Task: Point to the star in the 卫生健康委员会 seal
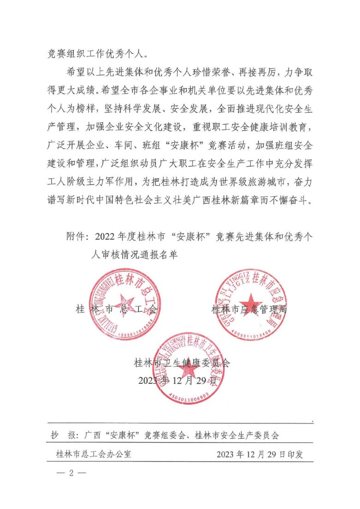189,368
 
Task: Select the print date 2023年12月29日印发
260,454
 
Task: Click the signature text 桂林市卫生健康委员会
182,363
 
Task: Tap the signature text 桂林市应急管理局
250,309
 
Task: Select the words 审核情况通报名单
141,254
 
